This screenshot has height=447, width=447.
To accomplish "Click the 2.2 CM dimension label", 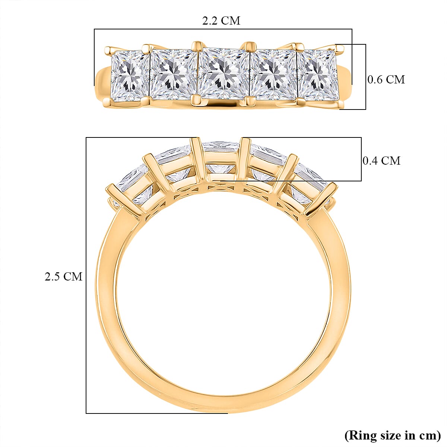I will [x=221, y=20].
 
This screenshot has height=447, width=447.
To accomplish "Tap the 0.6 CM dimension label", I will [x=386, y=79].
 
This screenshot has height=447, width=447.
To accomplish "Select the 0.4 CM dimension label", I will [x=381, y=161].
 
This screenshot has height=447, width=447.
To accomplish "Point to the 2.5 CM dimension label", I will [x=63, y=276].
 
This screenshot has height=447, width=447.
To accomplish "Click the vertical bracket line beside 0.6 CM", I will [x=365, y=77].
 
